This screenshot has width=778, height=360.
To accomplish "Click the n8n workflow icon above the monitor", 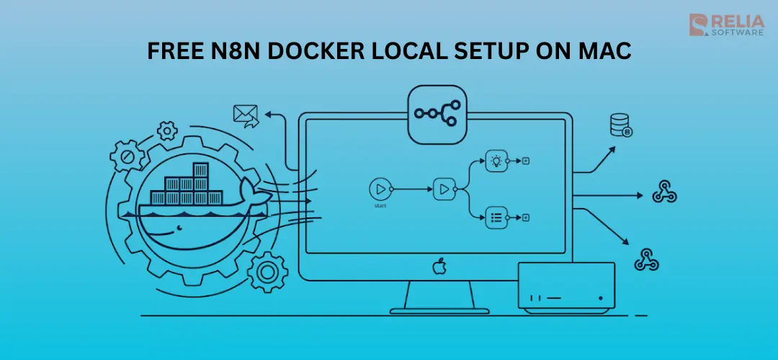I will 438,114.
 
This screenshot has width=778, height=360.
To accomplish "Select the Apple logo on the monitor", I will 438,267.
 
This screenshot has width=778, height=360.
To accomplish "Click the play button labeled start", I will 379,189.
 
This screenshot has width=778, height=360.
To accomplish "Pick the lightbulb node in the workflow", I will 496,161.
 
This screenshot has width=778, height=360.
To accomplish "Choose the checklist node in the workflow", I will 496,217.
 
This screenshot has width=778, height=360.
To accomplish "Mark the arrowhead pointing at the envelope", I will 269,114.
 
